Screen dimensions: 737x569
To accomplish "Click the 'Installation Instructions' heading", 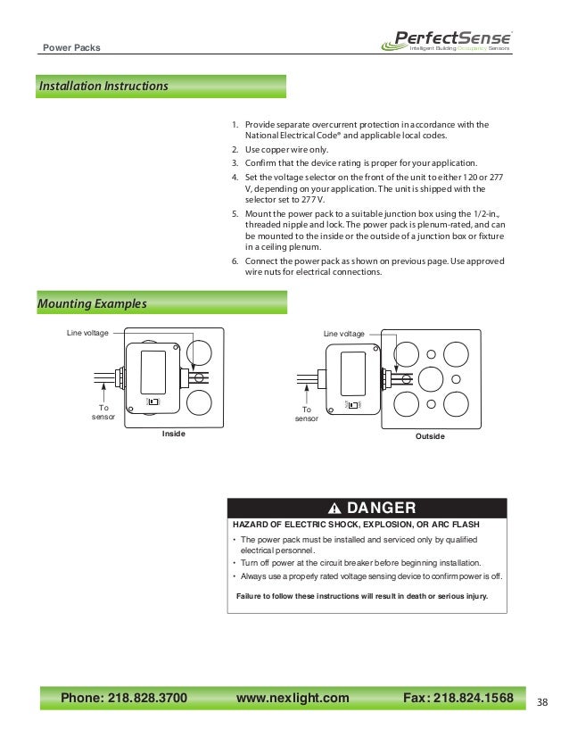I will (x=103, y=87).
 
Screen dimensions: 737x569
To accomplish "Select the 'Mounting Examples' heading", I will (x=93, y=304).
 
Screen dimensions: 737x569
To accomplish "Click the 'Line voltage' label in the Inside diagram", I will (x=87, y=333).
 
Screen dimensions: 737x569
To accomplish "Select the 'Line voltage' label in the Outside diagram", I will (x=344, y=333).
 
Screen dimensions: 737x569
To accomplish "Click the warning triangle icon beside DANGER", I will (x=335, y=509).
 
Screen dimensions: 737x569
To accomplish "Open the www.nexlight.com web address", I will (x=293, y=697).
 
